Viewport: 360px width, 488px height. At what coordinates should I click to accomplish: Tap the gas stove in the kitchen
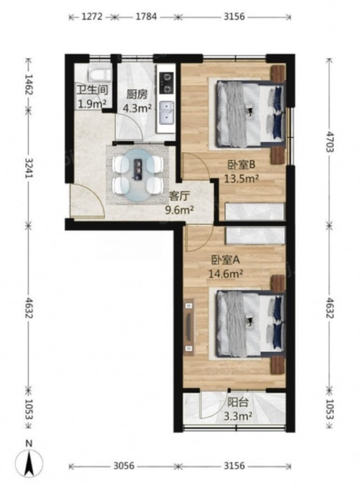pos(167,83)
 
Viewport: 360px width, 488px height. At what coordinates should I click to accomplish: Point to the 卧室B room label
pos(242,164)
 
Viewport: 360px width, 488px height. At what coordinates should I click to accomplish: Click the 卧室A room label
pos(225,260)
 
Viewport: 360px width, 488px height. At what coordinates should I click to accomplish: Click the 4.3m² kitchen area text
pos(137,108)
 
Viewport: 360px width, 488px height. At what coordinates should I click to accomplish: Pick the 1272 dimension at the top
pos(92,16)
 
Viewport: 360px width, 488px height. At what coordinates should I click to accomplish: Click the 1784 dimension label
pos(145,16)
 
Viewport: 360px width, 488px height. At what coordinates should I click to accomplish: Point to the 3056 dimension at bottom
pos(124,465)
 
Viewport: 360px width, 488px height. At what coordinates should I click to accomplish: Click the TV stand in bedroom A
pos(188,328)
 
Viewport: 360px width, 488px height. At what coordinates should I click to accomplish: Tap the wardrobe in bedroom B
pos(254,211)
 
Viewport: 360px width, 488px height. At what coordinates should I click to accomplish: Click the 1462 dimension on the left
pos(28,84)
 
